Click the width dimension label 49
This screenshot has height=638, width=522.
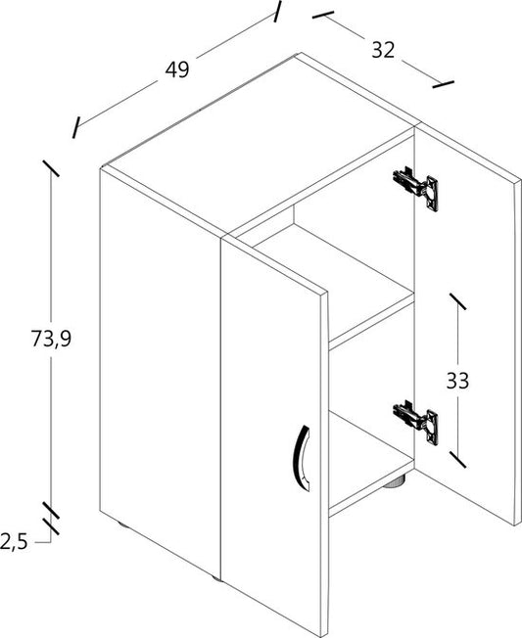pos(177,69)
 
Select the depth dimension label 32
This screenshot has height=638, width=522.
pos(383,50)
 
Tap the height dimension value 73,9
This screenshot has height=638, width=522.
pos(51,339)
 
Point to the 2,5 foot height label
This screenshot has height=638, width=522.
pos(14,541)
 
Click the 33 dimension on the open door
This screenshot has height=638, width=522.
pos(457,381)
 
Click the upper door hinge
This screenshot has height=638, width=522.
pos(415,188)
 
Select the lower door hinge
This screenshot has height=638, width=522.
pos(415,423)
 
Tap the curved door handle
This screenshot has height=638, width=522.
pos(302,458)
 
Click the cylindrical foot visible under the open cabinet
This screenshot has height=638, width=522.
pos(394,482)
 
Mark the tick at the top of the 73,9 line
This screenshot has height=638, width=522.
pos(51,168)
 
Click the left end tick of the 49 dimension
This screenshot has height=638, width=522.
pos(75,127)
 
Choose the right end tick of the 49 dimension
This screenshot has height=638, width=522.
pos(277,12)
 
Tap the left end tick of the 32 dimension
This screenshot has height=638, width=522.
pos(323,15)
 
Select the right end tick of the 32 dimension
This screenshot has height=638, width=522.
pos(443,84)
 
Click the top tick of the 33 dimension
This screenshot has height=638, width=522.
pos(457,301)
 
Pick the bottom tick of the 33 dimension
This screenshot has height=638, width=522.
pos(457,459)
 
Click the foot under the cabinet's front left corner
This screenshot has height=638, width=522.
pos(121,524)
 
